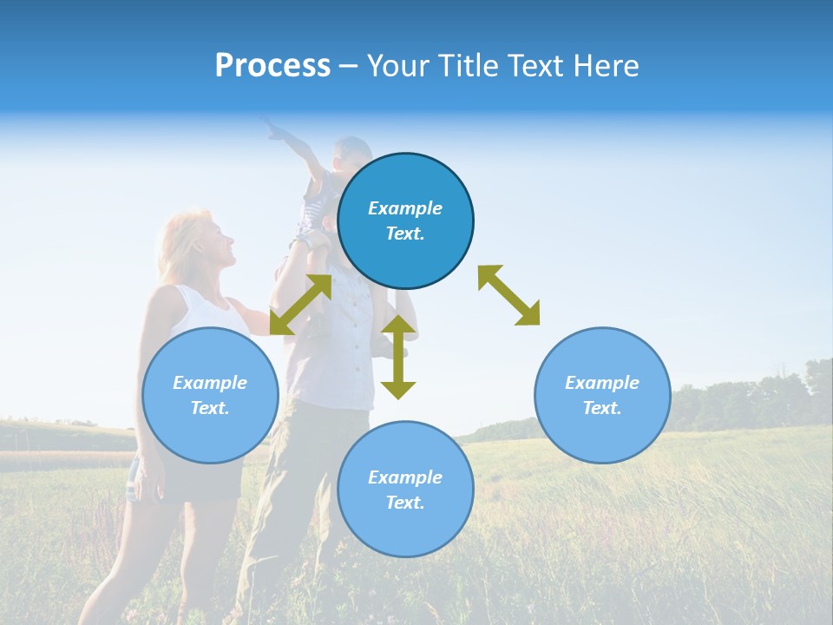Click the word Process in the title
click(x=272, y=66)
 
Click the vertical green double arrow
click(x=398, y=357)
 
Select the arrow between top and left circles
click(x=300, y=305)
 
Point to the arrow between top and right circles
click(x=508, y=295)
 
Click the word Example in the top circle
click(x=405, y=208)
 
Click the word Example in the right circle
click(x=602, y=383)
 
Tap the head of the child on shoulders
click(x=352, y=153)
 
